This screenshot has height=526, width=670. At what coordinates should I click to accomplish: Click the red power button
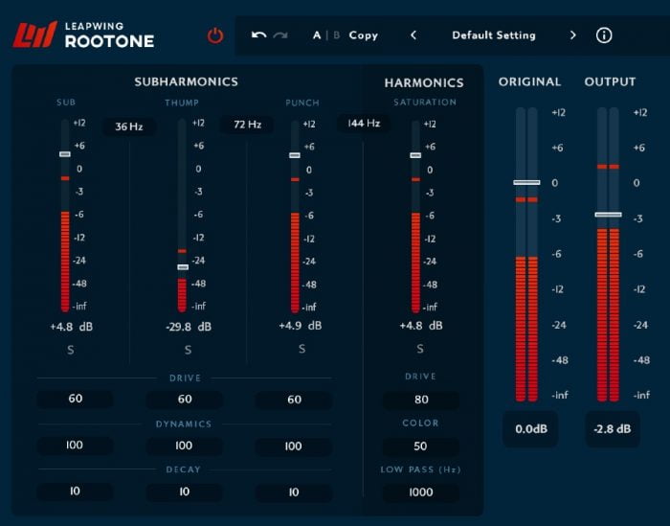pyautogui.click(x=215, y=35)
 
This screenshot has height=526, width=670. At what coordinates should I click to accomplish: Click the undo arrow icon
pyautogui.click(x=258, y=35)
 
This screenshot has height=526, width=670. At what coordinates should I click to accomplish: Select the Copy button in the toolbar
pyautogui.click(x=364, y=35)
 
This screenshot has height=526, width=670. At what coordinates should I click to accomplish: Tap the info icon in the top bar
pyautogui.click(x=604, y=35)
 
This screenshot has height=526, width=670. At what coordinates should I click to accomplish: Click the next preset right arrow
pyautogui.click(x=573, y=35)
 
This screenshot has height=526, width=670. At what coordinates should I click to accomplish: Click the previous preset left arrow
pyautogui.click(x=413, y=35)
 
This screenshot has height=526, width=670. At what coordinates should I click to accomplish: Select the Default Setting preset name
pyautogui.click(x=493, y=35)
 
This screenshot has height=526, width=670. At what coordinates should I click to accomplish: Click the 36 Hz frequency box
pyautogui.click(x=128, y=126)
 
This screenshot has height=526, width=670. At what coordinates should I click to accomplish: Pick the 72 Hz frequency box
pyautogui.click(x=247, y=125)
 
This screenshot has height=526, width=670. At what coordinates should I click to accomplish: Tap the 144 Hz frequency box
pyautogui.click(x=364, y=124)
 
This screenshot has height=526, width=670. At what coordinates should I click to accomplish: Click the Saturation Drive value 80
pyautogui.click(x=420, y=400)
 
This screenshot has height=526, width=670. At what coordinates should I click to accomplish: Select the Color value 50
pyautogui.click(x=420, y=446)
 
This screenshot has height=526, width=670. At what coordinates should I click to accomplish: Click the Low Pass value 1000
pyautogui.click(x=420, y=492)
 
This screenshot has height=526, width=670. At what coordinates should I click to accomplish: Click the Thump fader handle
pyautogui.click(x=182, y=267)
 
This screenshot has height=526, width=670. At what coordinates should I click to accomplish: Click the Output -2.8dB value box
pyautogui.click(x=613, y=429)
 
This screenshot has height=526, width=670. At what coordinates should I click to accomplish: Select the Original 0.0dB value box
pyautogui.click(x=530, y=429)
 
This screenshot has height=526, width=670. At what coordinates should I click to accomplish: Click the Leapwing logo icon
pyautogui.click(x=35, y=35)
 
